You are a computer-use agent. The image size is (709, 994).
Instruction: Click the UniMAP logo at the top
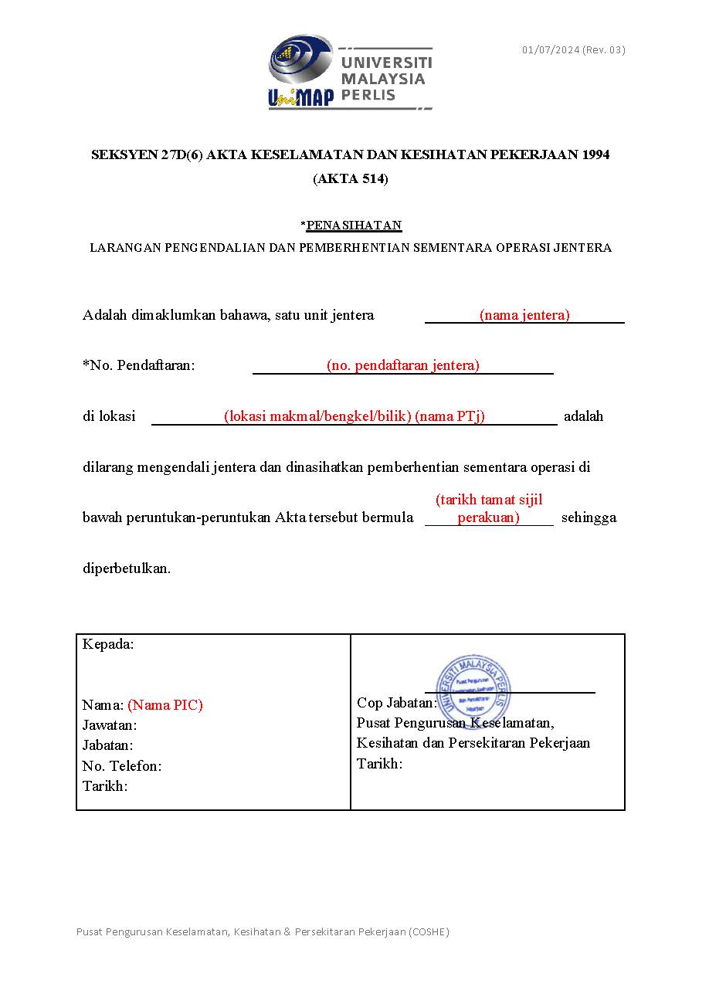point(351,73)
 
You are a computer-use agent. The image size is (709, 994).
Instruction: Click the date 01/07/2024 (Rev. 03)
point(573,50)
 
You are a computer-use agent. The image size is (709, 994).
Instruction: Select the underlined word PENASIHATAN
point(354,226)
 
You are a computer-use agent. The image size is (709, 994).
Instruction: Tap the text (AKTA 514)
point(351,179)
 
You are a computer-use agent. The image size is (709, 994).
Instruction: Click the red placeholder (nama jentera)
point(524,314)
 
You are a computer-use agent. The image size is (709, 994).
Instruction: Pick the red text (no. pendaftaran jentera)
point(402,365)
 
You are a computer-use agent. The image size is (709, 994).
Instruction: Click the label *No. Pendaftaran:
point(139,365)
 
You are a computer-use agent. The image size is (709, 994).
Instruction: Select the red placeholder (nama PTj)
point(449,416)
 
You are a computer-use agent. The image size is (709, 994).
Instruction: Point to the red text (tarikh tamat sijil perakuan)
point(489,508)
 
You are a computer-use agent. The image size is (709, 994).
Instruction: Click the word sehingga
point(589,517)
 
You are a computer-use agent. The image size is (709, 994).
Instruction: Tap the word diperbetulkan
point(127,568)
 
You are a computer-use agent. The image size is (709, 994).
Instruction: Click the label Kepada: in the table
point(108,644)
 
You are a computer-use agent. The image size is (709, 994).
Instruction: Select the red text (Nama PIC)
point(165,704)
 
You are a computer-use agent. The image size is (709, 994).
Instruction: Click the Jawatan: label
point(110,725)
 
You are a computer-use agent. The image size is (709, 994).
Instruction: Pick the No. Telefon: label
point(122,766)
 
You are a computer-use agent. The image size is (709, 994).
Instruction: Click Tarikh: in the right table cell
point(379,764)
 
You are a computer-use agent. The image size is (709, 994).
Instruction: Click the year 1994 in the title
point(595,154)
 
